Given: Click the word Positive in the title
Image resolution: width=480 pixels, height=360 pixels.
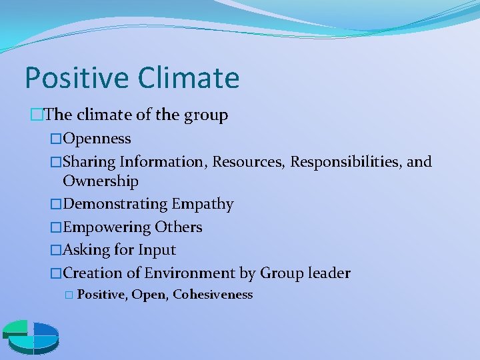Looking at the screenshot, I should coord(77,78).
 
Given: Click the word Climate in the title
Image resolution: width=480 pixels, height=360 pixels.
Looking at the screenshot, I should coord(189,78).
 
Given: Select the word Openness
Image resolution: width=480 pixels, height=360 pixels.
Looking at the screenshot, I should coord(97,139).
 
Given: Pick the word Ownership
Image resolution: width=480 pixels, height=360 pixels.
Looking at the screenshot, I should coord(101,181).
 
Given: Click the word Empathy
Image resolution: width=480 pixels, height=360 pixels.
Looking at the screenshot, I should coord(203,204).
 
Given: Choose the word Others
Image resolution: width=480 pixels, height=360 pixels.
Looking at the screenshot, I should coord(179,227).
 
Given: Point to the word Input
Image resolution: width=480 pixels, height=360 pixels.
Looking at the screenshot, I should coord(157,250).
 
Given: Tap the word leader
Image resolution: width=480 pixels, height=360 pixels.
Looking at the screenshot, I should coord(329,273).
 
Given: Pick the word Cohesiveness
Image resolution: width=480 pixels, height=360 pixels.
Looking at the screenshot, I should coord(213,295).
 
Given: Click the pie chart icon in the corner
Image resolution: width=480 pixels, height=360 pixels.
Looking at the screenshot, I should coord(31,337).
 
